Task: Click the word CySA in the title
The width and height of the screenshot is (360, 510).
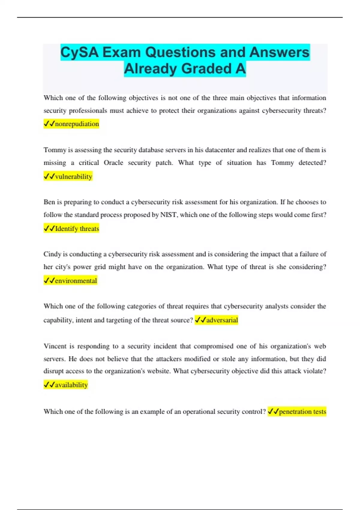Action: tap(79, 52)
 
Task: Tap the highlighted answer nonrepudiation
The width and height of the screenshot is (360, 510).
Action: tap(77, 124)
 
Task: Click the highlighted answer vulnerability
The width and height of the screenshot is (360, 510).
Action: tap(73, 176)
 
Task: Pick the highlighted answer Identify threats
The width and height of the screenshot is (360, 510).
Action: tap(77, 229)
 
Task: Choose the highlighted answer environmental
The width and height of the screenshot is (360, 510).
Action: tap(76, 281)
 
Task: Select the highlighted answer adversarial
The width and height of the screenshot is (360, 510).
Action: tap(222, 320)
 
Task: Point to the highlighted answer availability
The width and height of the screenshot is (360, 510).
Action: tap(71, 385)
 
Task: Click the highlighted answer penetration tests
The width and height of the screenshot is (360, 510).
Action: tap(302, 412)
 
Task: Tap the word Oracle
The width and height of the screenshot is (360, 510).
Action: tap(113, 163)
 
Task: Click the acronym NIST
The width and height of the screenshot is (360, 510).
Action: tap(169, 215)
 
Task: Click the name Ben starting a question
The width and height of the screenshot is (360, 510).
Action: tap(49, 202)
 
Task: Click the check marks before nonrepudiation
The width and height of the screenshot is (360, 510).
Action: tap(49, 124)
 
